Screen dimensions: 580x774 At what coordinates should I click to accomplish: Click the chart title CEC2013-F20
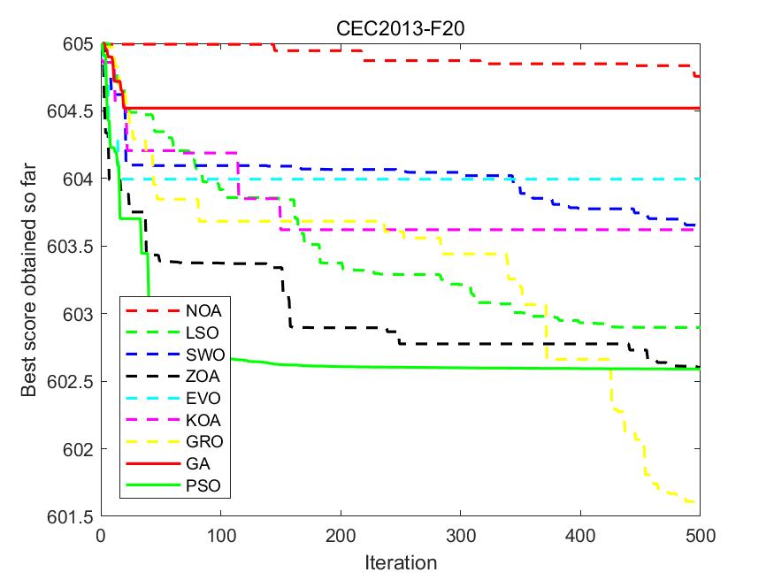point(401,28)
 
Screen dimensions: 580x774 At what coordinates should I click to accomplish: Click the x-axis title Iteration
point(401,562)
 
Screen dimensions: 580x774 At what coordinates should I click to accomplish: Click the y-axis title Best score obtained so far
point(31,279)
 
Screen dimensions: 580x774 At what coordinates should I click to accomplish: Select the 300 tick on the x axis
point(460,536)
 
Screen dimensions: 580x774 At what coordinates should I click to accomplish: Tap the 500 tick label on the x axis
point(700,536)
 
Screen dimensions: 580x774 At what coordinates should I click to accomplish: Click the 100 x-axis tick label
point(220,536)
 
